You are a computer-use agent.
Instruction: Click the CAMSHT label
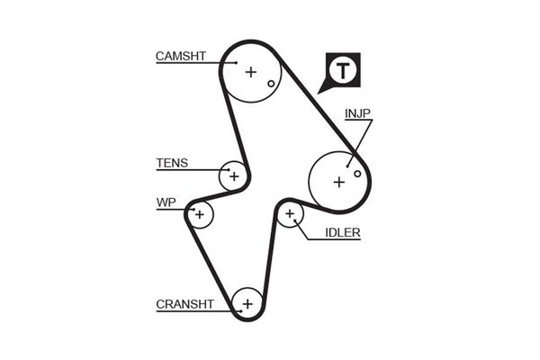(x=181, y=56)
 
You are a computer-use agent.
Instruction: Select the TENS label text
(x=172, y=163)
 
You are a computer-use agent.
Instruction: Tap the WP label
(x=165, y=202)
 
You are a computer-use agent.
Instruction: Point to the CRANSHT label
(x=184, y=304)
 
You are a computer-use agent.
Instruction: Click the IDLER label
(x=342, y=232)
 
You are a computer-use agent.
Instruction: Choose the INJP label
(x=357, y=113)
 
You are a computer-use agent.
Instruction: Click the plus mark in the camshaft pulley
(x=251, y=72)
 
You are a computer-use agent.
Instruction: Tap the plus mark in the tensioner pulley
(x=234, y=175)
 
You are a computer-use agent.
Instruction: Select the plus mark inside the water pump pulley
(x=199, y=215)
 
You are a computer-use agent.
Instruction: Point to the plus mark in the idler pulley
(x=290, y=214)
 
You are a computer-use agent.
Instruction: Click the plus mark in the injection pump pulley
(x=338, y=182)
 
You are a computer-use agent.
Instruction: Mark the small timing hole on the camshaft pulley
(x=270, y=85)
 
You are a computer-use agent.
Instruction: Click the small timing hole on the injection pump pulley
(x=357, y=173)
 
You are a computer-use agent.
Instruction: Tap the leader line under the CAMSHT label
(x=193, y=64)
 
